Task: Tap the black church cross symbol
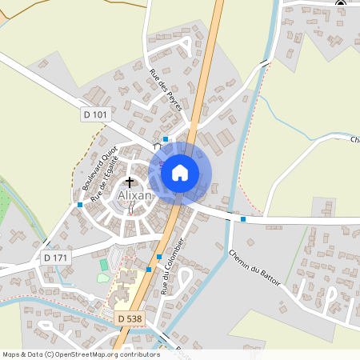tap(130, 182)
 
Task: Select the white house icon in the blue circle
tap(180, 172)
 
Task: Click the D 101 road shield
tap(94, 115)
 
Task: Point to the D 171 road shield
tap(56, 258)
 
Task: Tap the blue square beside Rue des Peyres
tap(166, 139)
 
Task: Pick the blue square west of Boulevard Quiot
tap(80, 205)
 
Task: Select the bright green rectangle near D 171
tap(104, 264)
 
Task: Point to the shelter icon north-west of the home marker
tap(158, 147)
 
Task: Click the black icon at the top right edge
tap(340, 3)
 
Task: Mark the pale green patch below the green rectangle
tap(102, 278)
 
